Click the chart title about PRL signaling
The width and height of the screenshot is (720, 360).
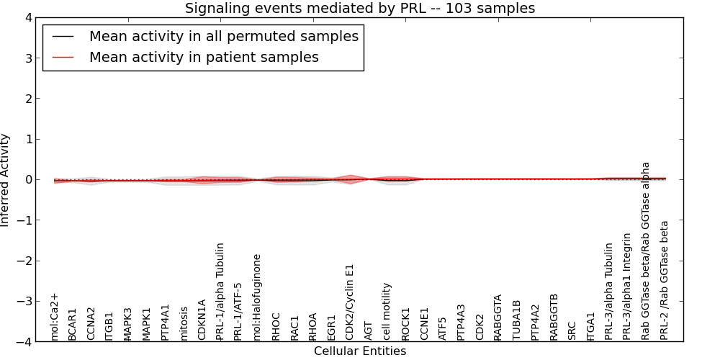(x=359, y=9)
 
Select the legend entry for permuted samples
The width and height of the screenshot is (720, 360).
(x=223, y=36)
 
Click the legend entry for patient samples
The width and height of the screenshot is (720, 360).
(x=204, y=58)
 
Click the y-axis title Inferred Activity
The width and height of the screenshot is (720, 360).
(x=6, y=180)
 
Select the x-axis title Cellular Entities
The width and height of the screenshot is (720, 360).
(x=359, y=351)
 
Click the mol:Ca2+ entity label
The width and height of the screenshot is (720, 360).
(x=54, y=317)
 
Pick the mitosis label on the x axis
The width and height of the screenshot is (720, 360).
(x=184, y=323)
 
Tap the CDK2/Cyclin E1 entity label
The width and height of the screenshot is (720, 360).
(x=350, y=302)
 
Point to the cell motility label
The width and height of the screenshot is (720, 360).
(x=387, y=311)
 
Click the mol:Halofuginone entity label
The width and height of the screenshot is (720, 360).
(x=257, y=297)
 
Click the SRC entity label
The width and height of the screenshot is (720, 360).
(x=572, y=330)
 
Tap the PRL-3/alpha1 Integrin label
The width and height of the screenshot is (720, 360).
(x=627, y=286)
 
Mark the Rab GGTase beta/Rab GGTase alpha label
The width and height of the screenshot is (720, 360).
(x=646, y=251)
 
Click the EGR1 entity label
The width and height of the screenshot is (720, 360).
(x=331, y=327)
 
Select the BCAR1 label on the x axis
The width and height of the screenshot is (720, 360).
(x=72, y=325)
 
